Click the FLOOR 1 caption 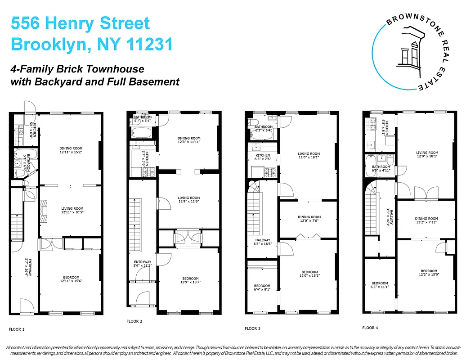pos(17,329)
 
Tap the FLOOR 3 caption pos(252,328)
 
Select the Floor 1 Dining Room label pos(71,150)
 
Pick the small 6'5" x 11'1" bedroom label pos(380,285)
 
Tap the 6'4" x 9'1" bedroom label pos(262,288)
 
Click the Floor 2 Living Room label pos(188,200)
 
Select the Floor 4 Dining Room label pos(426,220)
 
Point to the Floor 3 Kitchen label pos(263,157)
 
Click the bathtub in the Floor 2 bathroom pos(141,133)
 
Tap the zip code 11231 pos(148,45)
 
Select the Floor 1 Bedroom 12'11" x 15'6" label pos(71,279)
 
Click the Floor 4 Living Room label pos(427,154)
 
